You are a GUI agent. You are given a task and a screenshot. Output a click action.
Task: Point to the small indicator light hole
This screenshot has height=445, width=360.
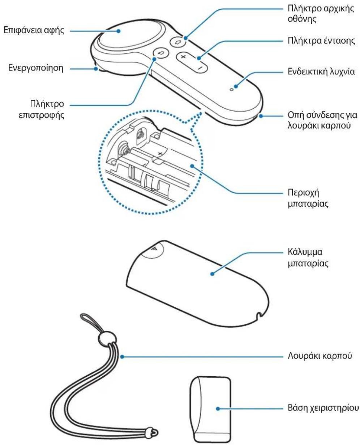click(x=231, y=90)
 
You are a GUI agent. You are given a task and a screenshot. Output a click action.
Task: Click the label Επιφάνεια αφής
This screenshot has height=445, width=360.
click(x=34, y=30)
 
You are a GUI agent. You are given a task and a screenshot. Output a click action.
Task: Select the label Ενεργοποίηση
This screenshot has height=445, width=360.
click(x=36, y=68)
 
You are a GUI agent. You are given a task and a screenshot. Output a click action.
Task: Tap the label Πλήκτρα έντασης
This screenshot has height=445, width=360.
click(x=321, y=40)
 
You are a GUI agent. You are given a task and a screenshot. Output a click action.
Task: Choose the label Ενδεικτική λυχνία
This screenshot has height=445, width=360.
click(x=321, y=72)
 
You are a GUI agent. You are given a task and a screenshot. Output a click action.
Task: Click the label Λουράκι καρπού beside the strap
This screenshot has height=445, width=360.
click(x=320, y=355)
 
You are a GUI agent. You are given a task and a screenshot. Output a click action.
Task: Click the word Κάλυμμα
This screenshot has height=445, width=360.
click(x=305, y=252)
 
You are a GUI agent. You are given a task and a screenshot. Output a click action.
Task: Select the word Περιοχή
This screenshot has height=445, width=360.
click(x=303, y=193)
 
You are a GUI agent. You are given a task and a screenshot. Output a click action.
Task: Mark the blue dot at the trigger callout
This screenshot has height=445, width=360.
click(x=96, y=69)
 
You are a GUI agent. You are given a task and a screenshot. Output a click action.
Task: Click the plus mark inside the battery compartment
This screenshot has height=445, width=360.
click(x=160, y=154)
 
